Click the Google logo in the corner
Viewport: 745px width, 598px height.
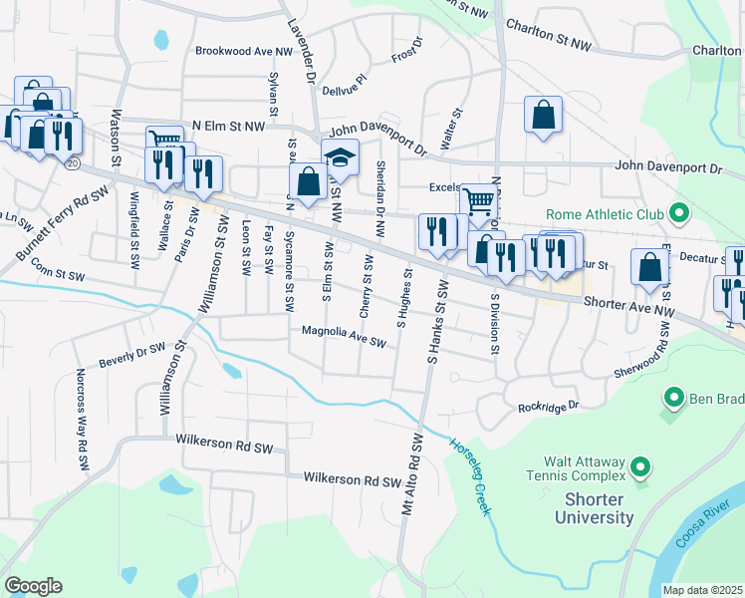click(33, 586)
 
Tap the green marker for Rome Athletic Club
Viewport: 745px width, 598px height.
click(678, 213)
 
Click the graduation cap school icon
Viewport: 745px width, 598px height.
click(340, 157)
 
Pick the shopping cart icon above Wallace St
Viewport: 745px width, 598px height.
click(164, 142)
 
